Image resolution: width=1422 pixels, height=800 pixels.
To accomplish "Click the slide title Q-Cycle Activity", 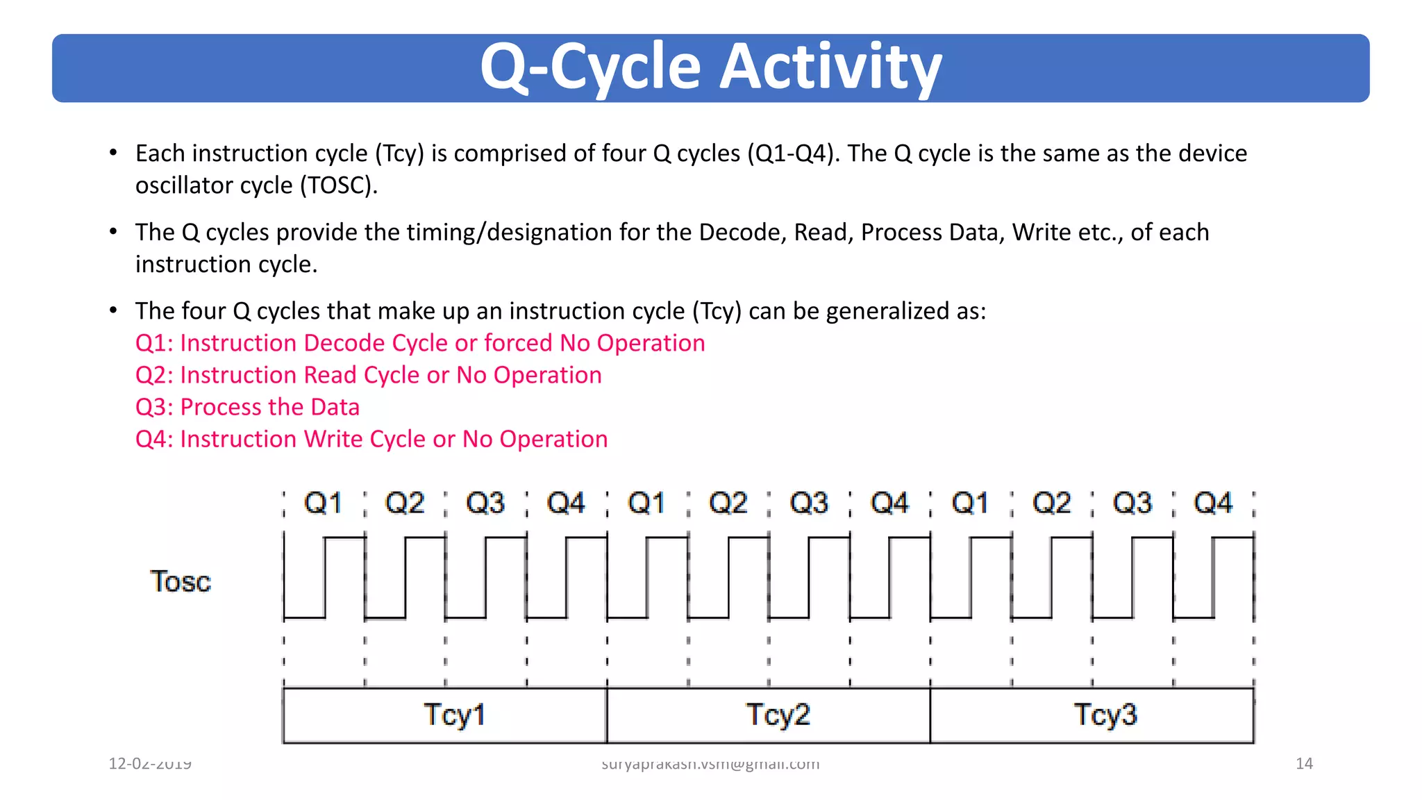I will pos(710,67).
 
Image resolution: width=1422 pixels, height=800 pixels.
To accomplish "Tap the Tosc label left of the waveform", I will pos(181,581).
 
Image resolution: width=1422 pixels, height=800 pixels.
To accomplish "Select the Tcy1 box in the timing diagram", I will pos(445,715).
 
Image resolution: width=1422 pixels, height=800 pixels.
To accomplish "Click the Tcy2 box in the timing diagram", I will pos(769,715).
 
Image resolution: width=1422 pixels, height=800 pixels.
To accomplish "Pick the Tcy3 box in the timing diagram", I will pos(1092,715).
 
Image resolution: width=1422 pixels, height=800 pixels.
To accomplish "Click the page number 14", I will pos(1304,764).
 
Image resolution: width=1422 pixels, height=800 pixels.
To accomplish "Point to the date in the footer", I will pos(150,764).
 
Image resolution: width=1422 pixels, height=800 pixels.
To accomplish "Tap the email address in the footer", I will pos(710,764).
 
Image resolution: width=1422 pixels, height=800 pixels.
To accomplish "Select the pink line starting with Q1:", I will pos(420,343).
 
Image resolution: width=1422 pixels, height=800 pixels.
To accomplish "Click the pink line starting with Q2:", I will pos(368,375).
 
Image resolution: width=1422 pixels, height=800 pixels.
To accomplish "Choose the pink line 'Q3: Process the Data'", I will pos(247,407).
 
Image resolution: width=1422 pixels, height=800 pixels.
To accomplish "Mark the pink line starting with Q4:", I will pos(371,439).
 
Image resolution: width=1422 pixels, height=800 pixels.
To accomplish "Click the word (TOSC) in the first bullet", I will pos(339,185).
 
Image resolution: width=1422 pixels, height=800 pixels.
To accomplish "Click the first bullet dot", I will pos(113,153).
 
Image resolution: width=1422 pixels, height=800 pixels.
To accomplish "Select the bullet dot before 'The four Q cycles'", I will pos(113,310).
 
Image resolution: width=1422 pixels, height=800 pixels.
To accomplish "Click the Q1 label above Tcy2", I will pos(646,503).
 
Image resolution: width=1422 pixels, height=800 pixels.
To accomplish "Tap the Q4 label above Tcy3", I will pos(1213,503).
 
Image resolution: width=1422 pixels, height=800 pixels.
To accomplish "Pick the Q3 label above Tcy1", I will pos(485,503).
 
